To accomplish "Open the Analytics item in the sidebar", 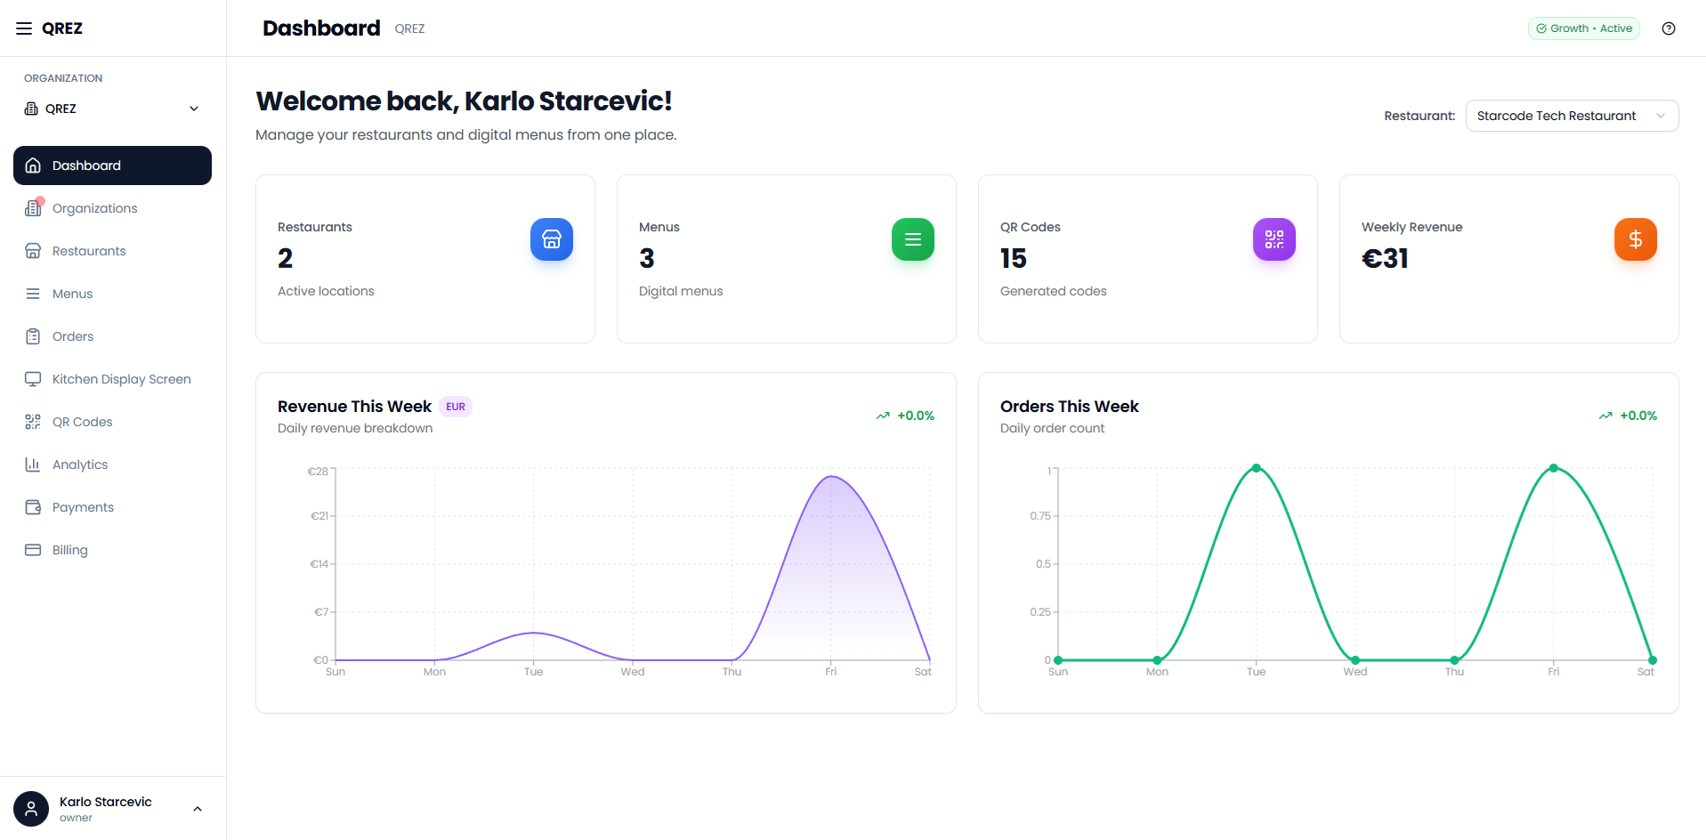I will tap(79, 464).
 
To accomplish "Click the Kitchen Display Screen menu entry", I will tap(121, 379).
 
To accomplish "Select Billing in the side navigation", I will tap(69, 550).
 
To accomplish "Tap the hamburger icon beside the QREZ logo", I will tap(24, 28).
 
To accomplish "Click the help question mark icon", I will tap(1669, 28).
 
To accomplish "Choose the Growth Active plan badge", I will tap(1584, 28).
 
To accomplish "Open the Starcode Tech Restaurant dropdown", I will tap(1572, 116).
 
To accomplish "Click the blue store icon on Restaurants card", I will tap(552, 239).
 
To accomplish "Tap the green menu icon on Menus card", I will tap(913, 239).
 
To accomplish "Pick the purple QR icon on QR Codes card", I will tap(1274, 239).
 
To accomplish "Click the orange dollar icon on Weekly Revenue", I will tap(1636, 239).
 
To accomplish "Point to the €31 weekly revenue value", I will tap(1385, 259).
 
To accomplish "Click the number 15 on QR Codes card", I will tap(1013, 259).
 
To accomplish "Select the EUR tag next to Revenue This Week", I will tap(456, 407).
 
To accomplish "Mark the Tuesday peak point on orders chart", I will tap(1257, 468).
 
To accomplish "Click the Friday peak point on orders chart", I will tap(1554, 468).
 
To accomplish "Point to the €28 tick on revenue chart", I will tap(318, 472).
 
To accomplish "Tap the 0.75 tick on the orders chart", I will tap(1040, 516).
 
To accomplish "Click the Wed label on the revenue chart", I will tap(633, 672).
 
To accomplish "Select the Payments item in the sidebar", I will tap(83, 507).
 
